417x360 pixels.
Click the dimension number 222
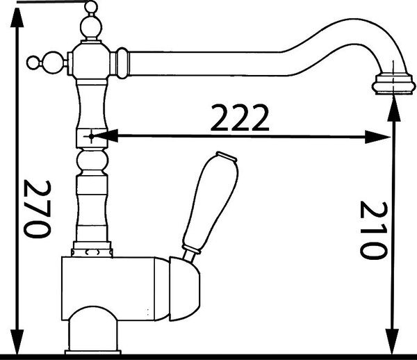[240, 117]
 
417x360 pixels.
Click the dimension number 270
[38, 209]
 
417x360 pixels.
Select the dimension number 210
[373, 230]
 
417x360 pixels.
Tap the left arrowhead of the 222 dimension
[106, 136]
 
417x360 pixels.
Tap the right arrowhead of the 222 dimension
[377, 137]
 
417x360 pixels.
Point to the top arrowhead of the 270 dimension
[17, 17]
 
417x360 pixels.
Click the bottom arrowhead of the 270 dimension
[17, 342]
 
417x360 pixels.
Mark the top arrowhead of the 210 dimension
[393, 110]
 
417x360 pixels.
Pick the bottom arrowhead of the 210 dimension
[392, 341]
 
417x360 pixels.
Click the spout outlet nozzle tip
[393, 84]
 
